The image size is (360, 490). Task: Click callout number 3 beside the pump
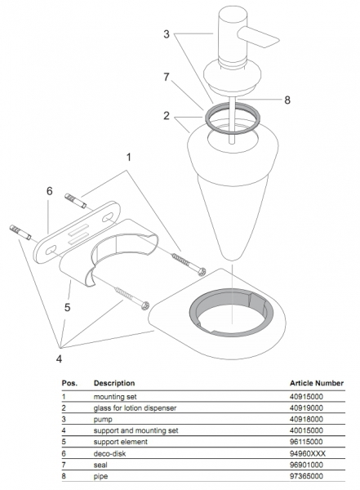167,34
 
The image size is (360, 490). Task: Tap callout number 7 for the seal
167,77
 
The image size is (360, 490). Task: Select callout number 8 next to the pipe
287,100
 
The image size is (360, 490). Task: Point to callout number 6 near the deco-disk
49,191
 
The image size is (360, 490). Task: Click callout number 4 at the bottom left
59,359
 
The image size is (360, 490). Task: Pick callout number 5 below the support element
67,308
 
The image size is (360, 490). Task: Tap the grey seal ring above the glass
232,118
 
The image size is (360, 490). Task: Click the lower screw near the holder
132,298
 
